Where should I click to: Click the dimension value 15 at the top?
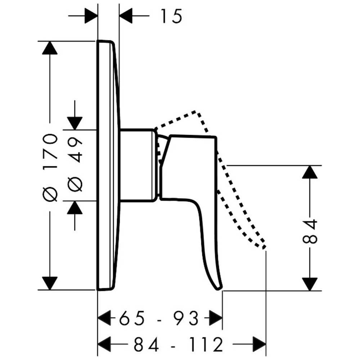coord(171,16)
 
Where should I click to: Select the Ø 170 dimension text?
coord(50,168)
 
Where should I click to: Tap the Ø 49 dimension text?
coord(75,165)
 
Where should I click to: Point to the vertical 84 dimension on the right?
coord(310,232)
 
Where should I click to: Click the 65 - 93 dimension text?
coord(159,319)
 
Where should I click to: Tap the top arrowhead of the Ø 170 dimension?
coord(50,48)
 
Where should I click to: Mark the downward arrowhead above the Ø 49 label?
coord(75,123)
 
